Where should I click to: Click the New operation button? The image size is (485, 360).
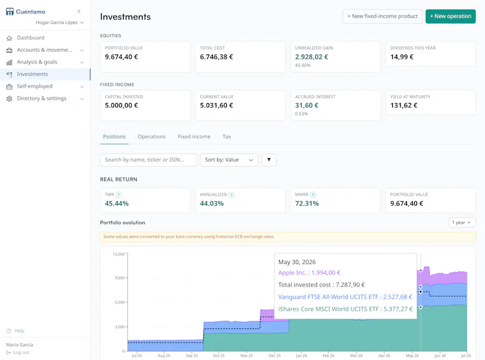[x=450, y=16]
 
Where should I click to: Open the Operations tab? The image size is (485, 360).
[x=152, y=137]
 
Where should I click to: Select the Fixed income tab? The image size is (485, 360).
[x=194, y=137]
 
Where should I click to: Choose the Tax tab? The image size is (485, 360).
[x=227, y=137]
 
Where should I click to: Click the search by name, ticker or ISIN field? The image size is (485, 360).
[x=149, y=160]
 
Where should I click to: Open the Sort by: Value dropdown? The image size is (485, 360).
[x=229, y=160]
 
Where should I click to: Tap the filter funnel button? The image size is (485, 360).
[x=269, y=160]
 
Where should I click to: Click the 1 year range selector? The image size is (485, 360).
[x=462, y=222]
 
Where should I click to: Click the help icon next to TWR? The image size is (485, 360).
[x=119, y=195]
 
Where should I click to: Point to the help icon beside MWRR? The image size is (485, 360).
[x=313, y=195]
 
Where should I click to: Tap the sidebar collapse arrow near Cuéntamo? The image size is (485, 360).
[x=79, y=12]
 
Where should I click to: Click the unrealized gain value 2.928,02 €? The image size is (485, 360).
[x=312, y=57]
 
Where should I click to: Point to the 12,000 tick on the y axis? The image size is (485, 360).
[x=118, y=254]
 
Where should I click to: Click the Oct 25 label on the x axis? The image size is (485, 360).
[x=219, y=356]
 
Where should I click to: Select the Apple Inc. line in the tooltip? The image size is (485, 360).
[x=309, y=273]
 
